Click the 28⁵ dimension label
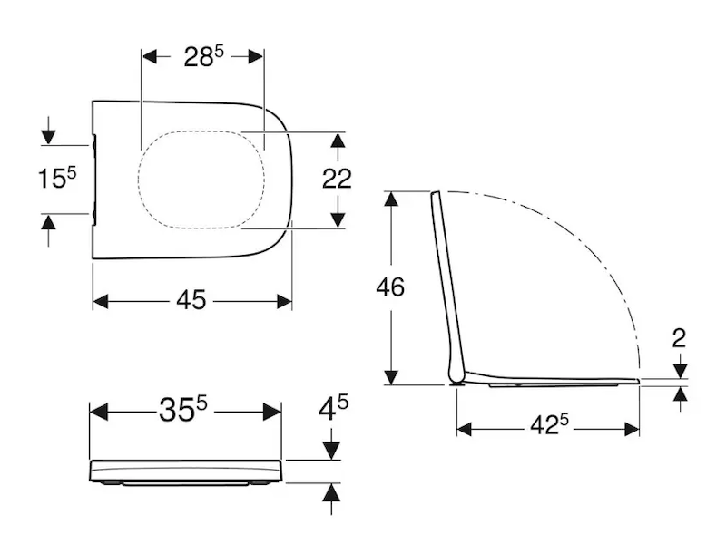coord(203,57)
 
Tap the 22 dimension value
coord(337,179)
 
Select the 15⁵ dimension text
coord(57,178)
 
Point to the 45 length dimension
coord(191,300)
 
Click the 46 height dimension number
coord(390,287)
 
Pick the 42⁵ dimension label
coord(549,424)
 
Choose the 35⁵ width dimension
coord(183,410)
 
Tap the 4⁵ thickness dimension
coord(333,408)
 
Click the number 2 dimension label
coord(679,338)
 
